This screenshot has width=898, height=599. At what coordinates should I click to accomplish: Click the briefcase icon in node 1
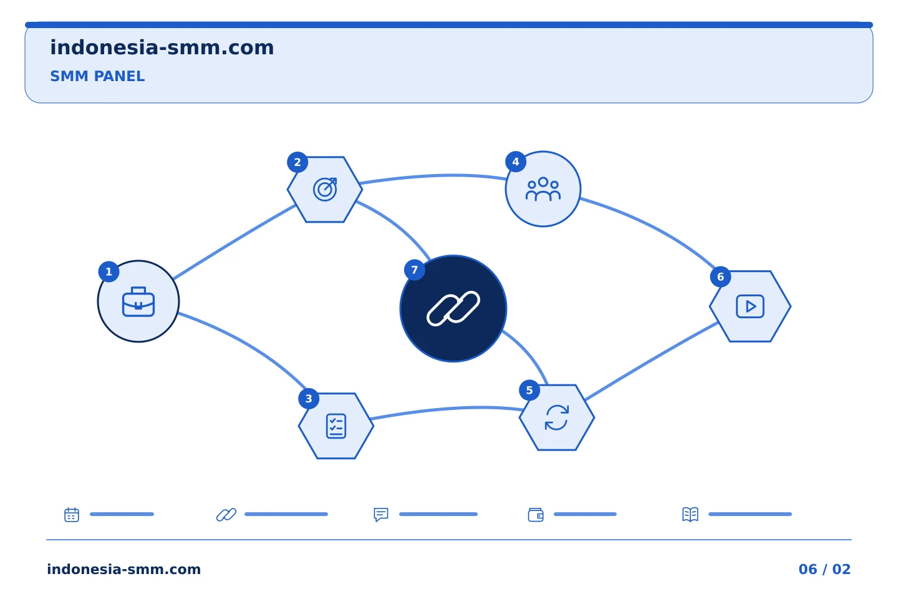[138, 302]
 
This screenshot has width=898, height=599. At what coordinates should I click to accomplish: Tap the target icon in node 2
[325, 189]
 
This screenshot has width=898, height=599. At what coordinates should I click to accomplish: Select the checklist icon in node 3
[336, 426]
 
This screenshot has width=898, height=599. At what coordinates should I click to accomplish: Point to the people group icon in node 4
[543, 188]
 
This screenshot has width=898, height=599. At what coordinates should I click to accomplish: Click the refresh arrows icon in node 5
[557, 417]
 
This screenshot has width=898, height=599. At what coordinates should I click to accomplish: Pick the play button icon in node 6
[750, 306]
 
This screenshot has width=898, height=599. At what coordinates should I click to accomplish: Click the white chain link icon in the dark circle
[453, 308]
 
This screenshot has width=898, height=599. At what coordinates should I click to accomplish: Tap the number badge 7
[415, 270]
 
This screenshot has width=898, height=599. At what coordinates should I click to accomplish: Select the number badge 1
[109, 271]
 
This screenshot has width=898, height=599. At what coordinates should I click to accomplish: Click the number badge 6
[720, 277]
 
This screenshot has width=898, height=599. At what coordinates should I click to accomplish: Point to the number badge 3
[309, 398]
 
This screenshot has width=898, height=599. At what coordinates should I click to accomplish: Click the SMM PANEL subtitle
[97, 76]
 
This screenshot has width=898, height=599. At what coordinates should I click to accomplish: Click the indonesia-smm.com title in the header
[162, 47]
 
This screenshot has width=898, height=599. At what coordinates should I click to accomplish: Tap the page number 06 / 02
[824, 569]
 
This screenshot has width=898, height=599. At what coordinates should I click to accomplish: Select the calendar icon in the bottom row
[72, 514]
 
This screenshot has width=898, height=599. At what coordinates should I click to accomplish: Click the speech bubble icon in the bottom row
[381, 514]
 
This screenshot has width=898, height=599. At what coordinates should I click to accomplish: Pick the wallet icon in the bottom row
[536, 515]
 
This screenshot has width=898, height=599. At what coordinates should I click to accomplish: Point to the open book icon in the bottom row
[690, 514]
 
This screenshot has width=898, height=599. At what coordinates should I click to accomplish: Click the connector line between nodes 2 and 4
[433, 176]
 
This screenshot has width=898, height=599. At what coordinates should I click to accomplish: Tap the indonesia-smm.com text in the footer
[124, 569]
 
